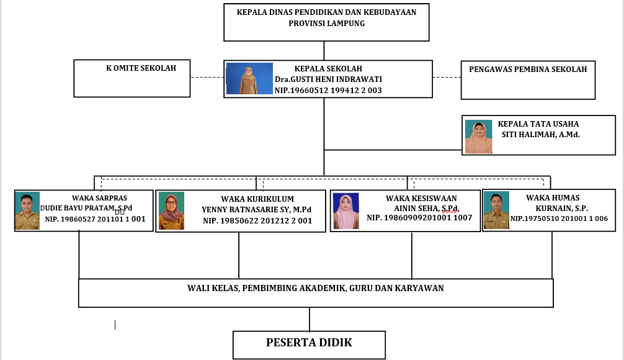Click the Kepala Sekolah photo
(249, 78)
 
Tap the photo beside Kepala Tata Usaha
(479, 136)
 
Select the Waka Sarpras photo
(27, 211)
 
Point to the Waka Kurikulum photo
(171, 211)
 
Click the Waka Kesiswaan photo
(346, 211)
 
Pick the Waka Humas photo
(496, 210)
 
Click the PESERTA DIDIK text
(309, 343)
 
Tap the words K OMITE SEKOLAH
(141, 68)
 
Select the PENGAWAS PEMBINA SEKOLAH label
(528, 70)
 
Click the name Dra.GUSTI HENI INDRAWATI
(328, 79)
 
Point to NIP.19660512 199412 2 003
(328, 91)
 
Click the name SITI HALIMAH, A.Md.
(540, 134)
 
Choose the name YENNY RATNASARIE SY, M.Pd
(257, 210)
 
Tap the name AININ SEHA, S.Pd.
(427, 208)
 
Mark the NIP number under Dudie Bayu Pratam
(95, 219)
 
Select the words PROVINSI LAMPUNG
(326, 24)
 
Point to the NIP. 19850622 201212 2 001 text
(257, 221)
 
